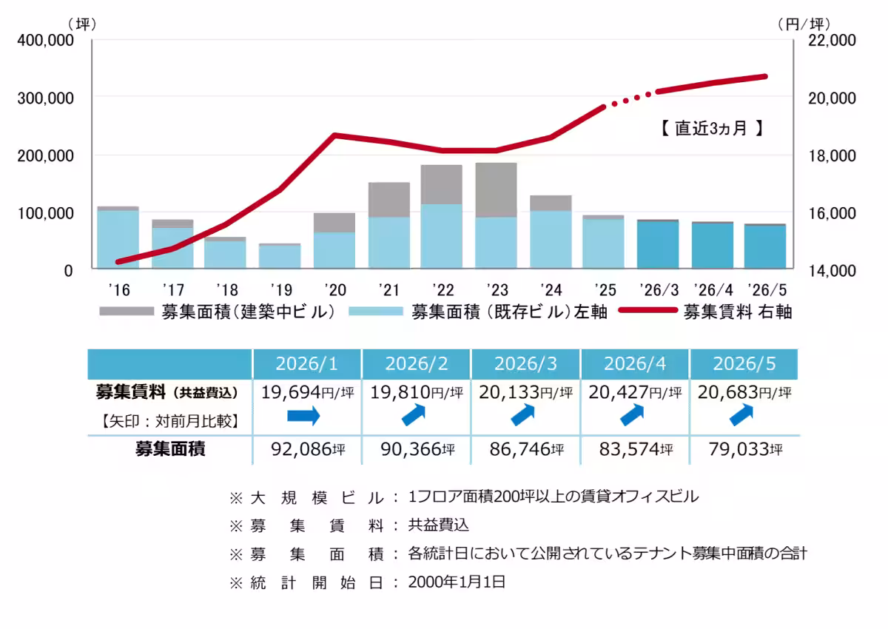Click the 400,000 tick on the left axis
click(45, 41)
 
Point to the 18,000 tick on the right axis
click(832, 155)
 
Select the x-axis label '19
click(281, 290)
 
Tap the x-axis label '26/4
click(713, 290)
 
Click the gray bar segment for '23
click(496, 190)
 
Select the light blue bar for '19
click(280, 257)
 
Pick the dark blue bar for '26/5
click(765, 247)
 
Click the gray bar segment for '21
click(389, 200)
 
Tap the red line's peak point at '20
click(335, 135)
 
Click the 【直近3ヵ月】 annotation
click(712, 129)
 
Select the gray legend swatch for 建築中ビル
click(127, 312)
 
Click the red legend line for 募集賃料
click(647, 310)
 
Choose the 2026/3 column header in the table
click(525, 364)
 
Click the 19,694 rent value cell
click(307, 392)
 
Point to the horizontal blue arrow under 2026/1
click(303, 416)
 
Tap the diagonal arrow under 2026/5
click(741, 414)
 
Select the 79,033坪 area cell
click(745, 449)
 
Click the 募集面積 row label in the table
click(170, 449)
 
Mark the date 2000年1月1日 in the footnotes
click(457, 582)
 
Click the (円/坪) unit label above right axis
click(804, 24)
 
